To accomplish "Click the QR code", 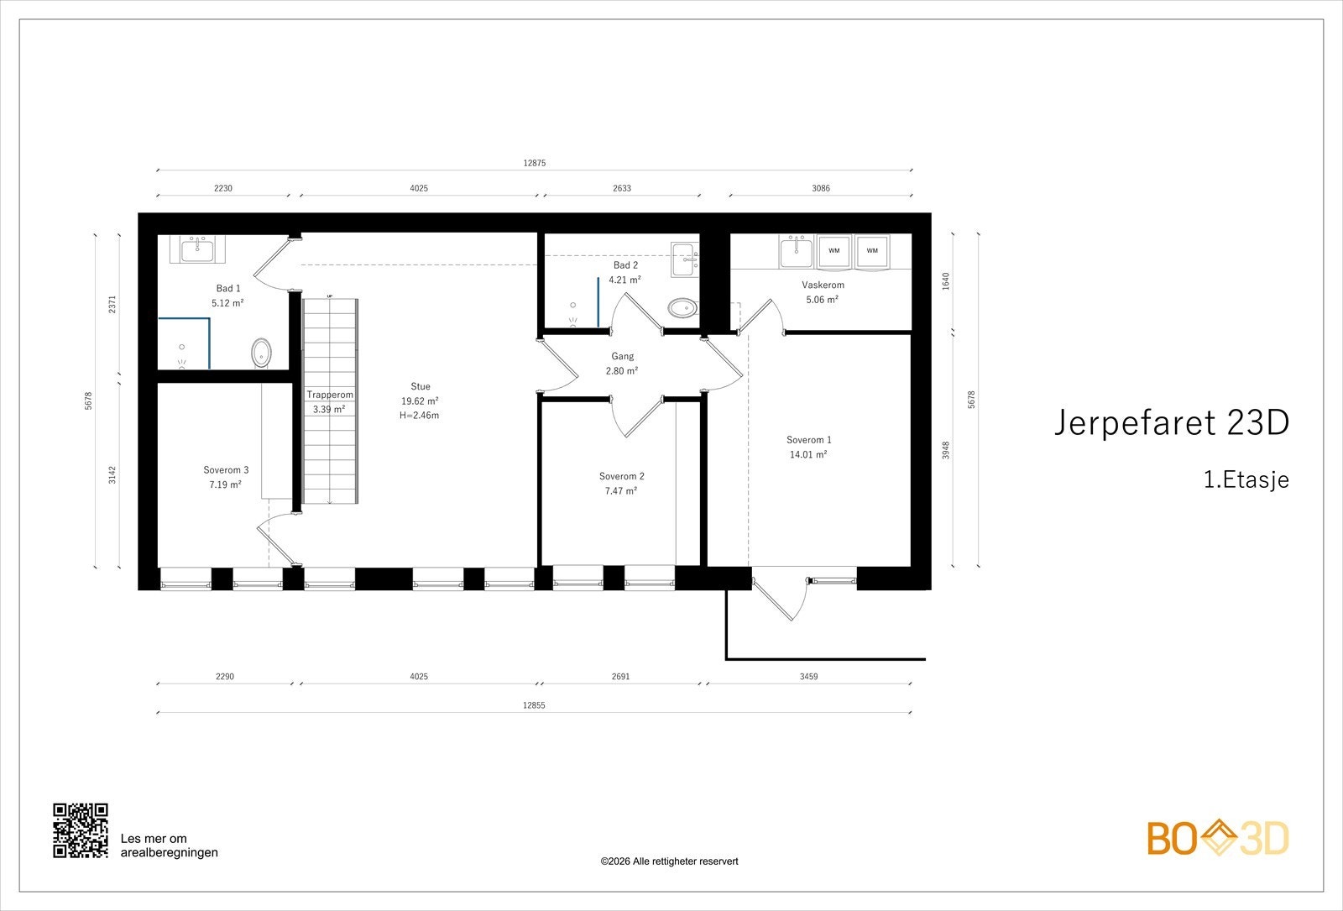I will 81,830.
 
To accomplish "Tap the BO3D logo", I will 1218,839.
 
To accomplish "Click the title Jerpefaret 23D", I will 1171,423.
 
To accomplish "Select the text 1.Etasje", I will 1246,480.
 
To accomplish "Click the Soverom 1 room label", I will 808,440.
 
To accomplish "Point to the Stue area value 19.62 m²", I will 421,401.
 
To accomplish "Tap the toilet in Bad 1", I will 262,353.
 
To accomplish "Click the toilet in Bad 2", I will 682,308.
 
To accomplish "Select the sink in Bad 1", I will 199,249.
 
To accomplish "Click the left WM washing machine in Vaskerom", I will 833,251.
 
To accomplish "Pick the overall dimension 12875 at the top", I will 535,164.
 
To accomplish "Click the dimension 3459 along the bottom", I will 808,677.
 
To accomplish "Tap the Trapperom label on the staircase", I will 330,395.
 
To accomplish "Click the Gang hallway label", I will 622,356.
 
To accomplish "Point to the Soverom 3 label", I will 226,470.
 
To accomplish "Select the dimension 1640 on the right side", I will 946,281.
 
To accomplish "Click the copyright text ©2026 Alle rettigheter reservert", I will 669,861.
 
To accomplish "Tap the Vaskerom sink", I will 794,249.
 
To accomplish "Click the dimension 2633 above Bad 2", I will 621,189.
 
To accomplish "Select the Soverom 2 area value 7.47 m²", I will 622,491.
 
